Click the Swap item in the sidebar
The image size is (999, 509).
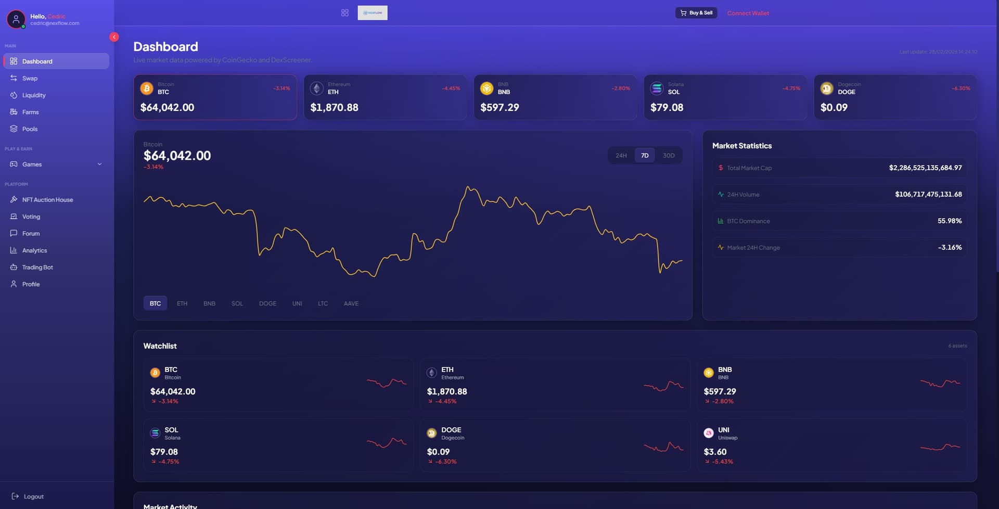[30, 78]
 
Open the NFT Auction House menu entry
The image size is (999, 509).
[47, 200]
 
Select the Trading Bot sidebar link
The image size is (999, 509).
[37, 268]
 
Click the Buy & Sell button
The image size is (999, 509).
[696, 13]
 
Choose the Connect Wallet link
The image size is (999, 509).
[748, 13]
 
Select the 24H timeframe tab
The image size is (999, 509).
[621, 156]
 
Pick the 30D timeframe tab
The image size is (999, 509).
[669, 156]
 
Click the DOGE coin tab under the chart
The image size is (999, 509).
[267, 303]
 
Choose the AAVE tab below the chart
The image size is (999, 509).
[351, 303]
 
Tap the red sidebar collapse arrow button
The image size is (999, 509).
[114, 37]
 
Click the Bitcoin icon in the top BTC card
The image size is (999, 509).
[147, 88]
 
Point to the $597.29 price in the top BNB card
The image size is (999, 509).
[499, 108]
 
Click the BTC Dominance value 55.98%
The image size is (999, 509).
[950, 221]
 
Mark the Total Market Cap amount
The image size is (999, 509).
[925, 168]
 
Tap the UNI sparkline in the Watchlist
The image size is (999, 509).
[940, 447]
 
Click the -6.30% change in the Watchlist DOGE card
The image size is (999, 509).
[446, 462]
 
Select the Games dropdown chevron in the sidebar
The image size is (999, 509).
[99, 164]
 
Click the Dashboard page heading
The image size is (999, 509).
[165, 47]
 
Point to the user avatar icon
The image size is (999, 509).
[16, 19]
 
